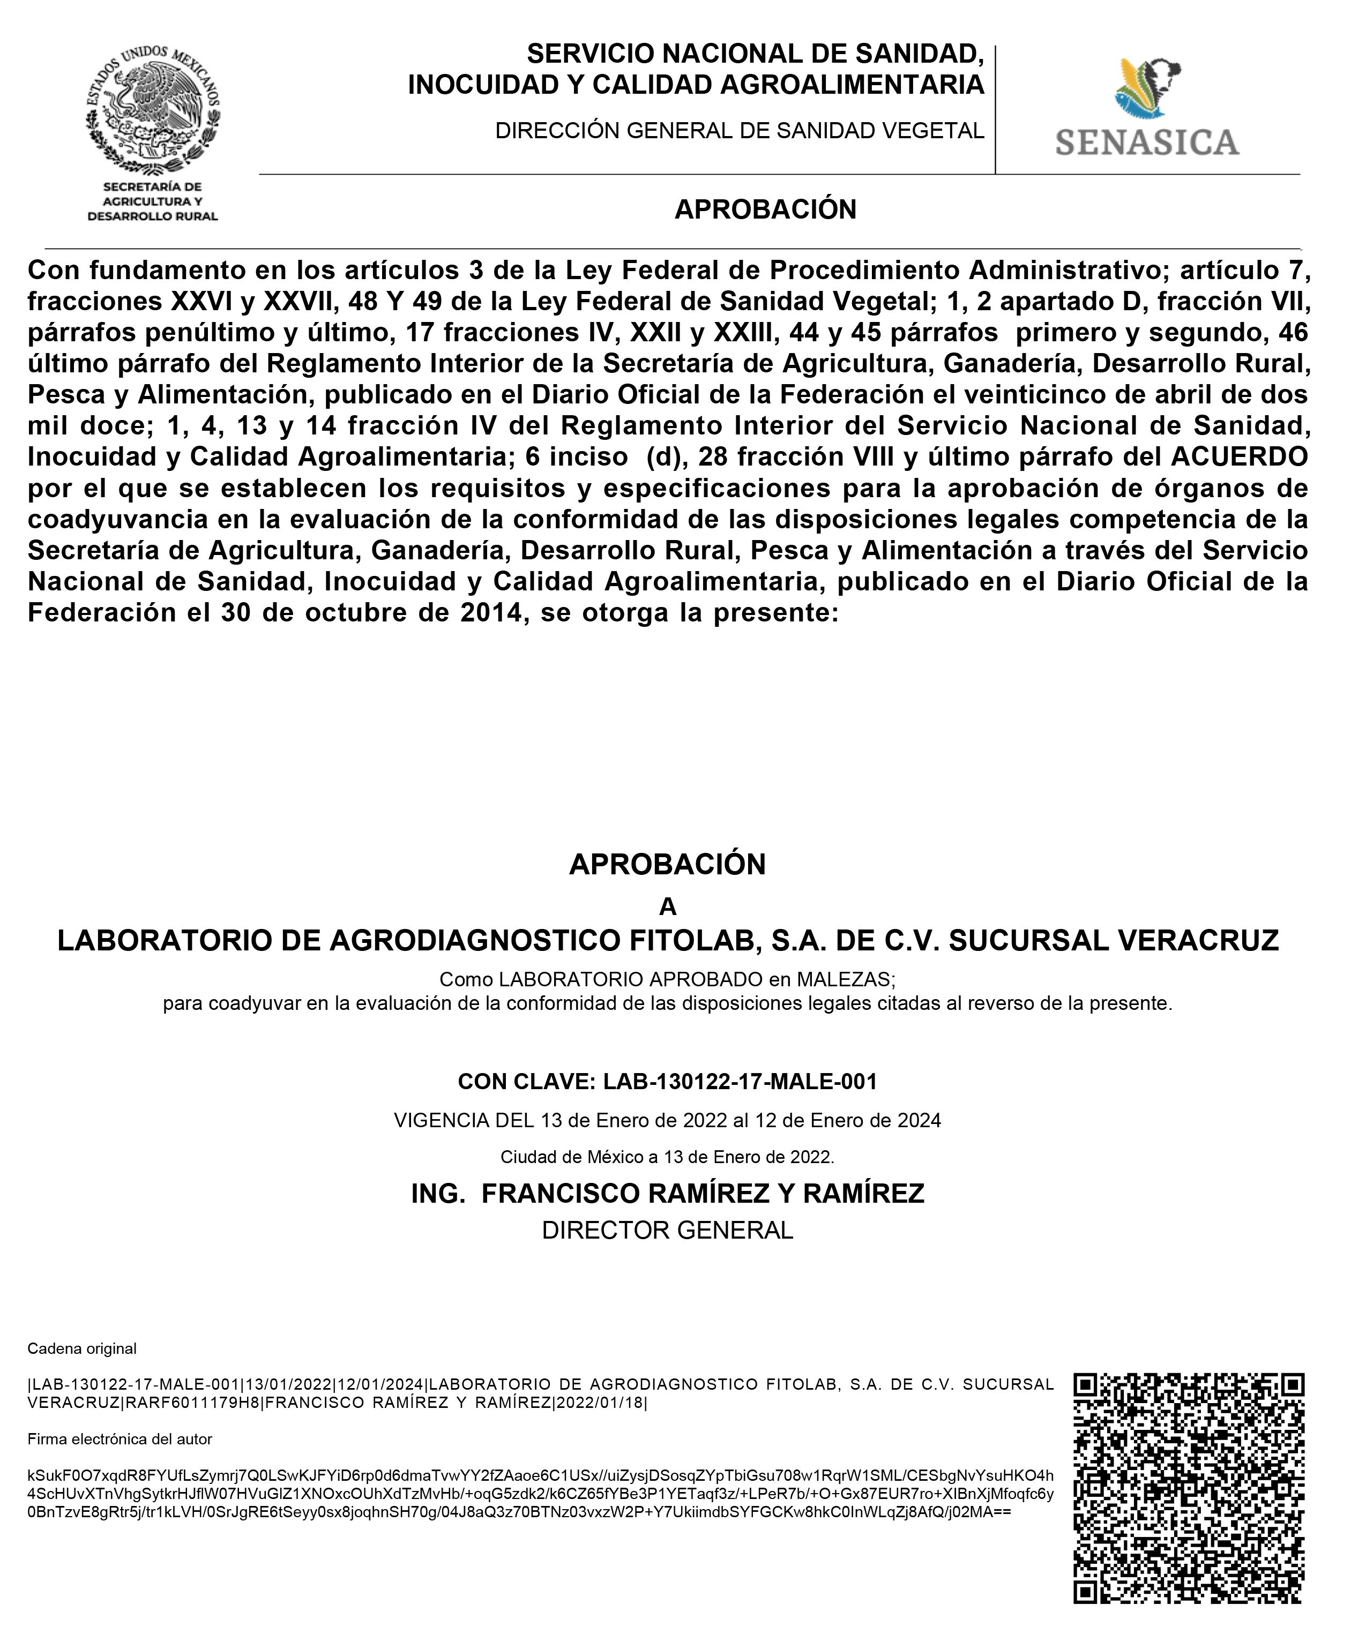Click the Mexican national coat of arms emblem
tap(153, 110)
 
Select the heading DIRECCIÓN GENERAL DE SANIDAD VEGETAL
tap(740, 131)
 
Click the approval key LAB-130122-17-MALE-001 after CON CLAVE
tap(740, 1082)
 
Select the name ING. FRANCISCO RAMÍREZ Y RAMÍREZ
tap(668, 1194)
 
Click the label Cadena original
tap(81, 1348)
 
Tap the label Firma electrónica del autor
tap(120, 1440)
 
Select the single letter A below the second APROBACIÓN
tap(668, 907)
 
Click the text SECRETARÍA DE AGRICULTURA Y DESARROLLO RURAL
tap(153, 201)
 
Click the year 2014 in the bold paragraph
tap(490, 613)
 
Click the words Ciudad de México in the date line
tap(572, 1157)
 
